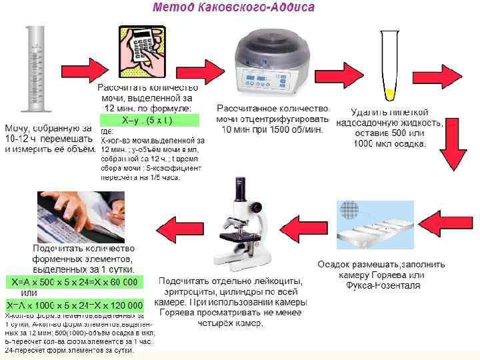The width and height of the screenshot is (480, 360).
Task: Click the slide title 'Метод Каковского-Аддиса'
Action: pyautogui.click(x=235, y=9)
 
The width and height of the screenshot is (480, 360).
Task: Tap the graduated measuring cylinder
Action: pyautogui.click(x=33, y=69)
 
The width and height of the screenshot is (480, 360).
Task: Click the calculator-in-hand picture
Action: pyautogui.click(x=143, y=52)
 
